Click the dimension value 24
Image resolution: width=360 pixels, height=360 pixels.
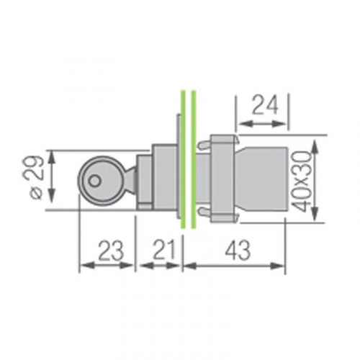266,105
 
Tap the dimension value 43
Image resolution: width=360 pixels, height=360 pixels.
238,251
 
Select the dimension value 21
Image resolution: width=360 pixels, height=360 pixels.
164,251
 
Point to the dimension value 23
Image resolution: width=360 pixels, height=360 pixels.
111,251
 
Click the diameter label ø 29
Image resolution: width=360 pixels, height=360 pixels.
37,178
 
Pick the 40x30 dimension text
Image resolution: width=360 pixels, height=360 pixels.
301,181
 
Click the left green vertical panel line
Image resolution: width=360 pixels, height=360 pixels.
183,159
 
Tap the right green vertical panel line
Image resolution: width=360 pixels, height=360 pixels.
194,159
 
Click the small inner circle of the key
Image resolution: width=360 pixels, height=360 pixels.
94,181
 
